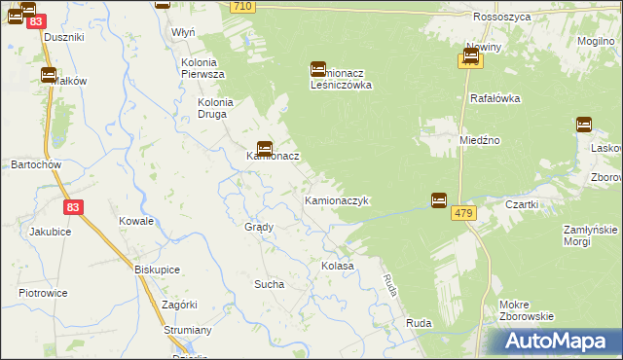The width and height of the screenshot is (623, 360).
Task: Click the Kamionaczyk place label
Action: coord(336,200)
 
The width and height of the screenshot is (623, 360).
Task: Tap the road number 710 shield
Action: coord(243,7)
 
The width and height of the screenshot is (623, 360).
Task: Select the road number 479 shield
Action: coord(462,214)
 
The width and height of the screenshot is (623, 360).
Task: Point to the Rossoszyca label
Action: coord(499,18)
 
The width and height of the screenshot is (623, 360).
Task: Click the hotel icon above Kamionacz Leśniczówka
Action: coord(318,69)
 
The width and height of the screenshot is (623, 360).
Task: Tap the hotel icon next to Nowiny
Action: coord(470,59)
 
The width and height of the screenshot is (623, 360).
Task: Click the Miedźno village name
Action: coord(480,140)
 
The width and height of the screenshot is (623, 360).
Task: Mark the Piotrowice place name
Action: coord(43,292)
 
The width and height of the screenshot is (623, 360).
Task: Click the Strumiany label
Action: coord(189,330)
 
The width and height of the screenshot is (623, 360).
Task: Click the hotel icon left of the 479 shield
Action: coord(439,199)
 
